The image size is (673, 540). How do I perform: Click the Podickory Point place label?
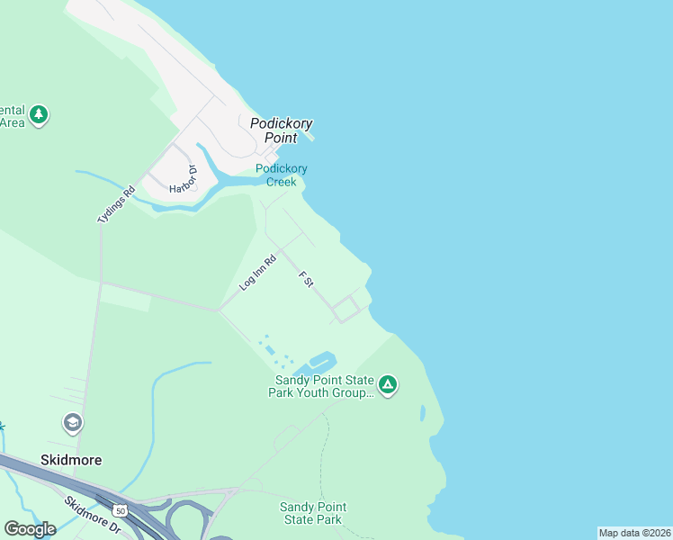click(274, 130)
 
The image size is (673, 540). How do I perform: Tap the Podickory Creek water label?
click(281, 175)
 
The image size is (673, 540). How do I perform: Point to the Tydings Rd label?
click(115, 204)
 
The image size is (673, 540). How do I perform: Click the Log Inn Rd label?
click(257, 273)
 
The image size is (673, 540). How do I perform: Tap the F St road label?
click(306, 280)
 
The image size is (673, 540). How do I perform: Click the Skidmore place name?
click(71, 459)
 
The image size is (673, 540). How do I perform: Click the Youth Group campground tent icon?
click(388, 385)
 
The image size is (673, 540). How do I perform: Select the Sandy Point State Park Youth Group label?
click(323, 386)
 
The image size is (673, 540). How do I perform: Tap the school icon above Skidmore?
click(72, 422)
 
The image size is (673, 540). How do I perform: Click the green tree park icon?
click(38, 114)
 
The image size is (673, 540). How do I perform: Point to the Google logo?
click(30, 528)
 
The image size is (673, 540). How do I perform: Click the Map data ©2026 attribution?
click(634, 533)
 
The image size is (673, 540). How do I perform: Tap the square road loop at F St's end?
click(346, 309)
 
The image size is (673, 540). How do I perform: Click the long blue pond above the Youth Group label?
click(320, 362)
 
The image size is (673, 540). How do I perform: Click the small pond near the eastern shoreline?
click(422, 413)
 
